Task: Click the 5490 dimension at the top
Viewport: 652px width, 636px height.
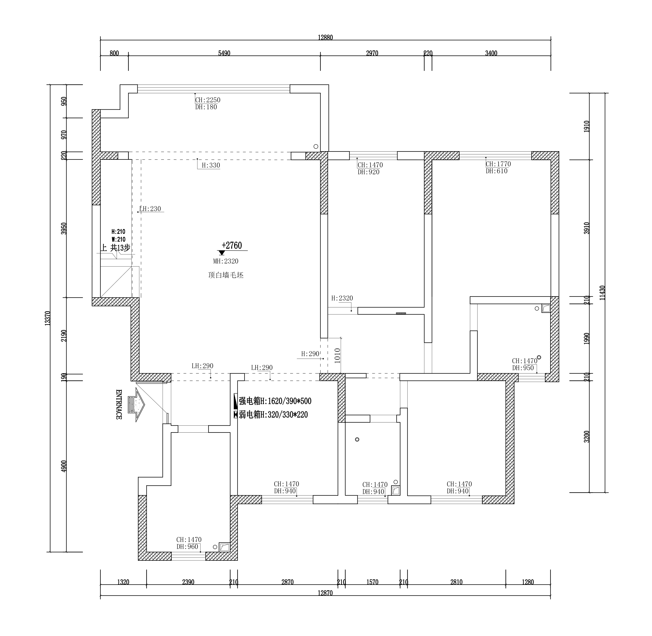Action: tap(224, 53)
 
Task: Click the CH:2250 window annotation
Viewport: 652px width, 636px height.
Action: tap(207, 100)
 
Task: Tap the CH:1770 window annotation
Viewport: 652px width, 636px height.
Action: tap(498, 164)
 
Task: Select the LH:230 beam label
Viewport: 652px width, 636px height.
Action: tap(150, 209)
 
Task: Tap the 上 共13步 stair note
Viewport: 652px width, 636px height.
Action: tap(115, 247)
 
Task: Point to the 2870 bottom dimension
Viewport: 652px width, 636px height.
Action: tap(287, 582)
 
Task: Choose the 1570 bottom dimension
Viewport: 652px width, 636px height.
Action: tap(372, 582)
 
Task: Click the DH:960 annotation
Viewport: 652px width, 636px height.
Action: tap(188, 547)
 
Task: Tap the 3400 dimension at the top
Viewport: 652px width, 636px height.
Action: tap(491, 53)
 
